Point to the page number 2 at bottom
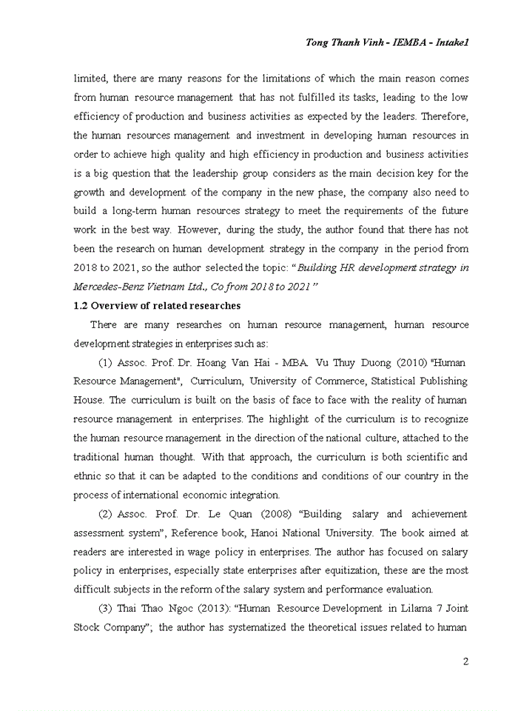pyautogui.click(x=465, y=661)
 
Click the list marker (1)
pyautogui.click(x=106, y=363)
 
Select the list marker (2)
pyautogui.click(x=106, y=514)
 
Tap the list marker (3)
pyautogui.click(x=106, y=609)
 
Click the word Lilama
pyautogui.click(x=408, y=609)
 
